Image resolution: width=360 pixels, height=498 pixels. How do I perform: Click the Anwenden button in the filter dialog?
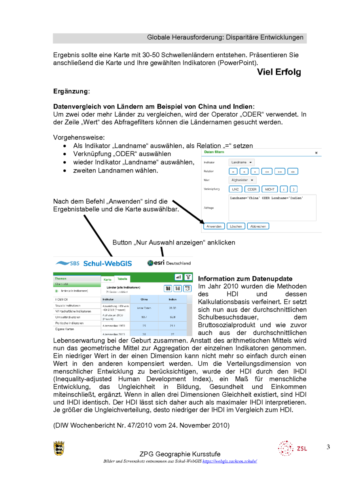(x=214, y=226)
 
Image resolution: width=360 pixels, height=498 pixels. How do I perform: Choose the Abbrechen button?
(x=258, y=226)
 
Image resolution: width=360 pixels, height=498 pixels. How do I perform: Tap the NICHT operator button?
(x=269, y=189)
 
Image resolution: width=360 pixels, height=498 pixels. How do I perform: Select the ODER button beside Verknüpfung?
(x=252, y=189)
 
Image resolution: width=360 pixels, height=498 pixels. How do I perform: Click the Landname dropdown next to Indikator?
(x=241, y=162)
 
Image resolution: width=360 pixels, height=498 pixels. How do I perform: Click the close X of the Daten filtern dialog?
(x=316, y=153)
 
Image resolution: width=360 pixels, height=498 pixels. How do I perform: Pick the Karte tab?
(x=107, y=279)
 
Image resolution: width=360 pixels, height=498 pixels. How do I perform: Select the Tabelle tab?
(x=122, y=279)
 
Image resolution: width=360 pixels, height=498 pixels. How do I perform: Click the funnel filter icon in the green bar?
(x=188, y=278)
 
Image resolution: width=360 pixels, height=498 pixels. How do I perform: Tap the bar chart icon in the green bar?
(x=178, y=278)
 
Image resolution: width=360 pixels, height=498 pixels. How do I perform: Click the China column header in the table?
(x=144, y=299)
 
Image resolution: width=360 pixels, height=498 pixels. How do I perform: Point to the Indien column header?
(x=172, y=299)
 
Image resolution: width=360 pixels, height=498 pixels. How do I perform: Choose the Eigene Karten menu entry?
(x=64, y=329)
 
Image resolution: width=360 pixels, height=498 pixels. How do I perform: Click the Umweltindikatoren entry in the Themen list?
(x=68, y=317)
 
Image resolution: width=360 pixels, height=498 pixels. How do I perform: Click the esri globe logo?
(x=150, y=263)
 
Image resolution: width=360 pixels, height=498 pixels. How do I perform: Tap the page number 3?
(x=328, y=447)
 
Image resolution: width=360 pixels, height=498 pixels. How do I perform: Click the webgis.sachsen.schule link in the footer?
(x=230, y=461)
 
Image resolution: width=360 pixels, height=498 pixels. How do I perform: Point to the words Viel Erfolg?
(x=279, y=72)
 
